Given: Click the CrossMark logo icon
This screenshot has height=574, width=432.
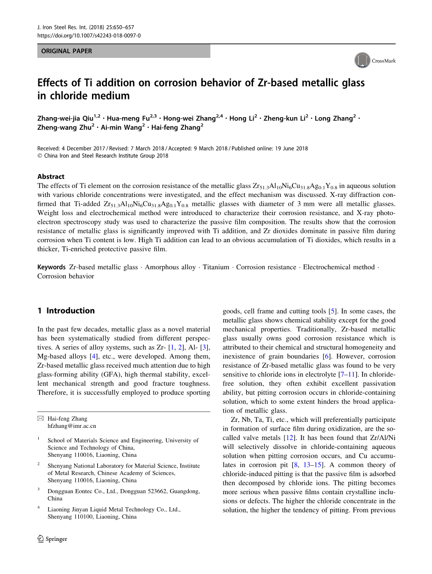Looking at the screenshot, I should click(362, 60).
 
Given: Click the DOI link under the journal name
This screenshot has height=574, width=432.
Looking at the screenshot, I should click(89, 35).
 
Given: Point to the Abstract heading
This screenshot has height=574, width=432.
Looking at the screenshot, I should click(51, 176).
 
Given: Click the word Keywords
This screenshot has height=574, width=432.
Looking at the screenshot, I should click(51, 267).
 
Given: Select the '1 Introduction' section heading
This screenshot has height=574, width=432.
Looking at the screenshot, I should click(66, 311).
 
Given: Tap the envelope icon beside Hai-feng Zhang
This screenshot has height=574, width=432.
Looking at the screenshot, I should click(41, 419).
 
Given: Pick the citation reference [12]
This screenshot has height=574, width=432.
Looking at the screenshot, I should click(290, 438).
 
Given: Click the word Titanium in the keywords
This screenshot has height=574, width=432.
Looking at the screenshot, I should click(216, 267).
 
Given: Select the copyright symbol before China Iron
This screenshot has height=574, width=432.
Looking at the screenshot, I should click(40, 156).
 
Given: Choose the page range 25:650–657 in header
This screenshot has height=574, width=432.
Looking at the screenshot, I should click(116, 28).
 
